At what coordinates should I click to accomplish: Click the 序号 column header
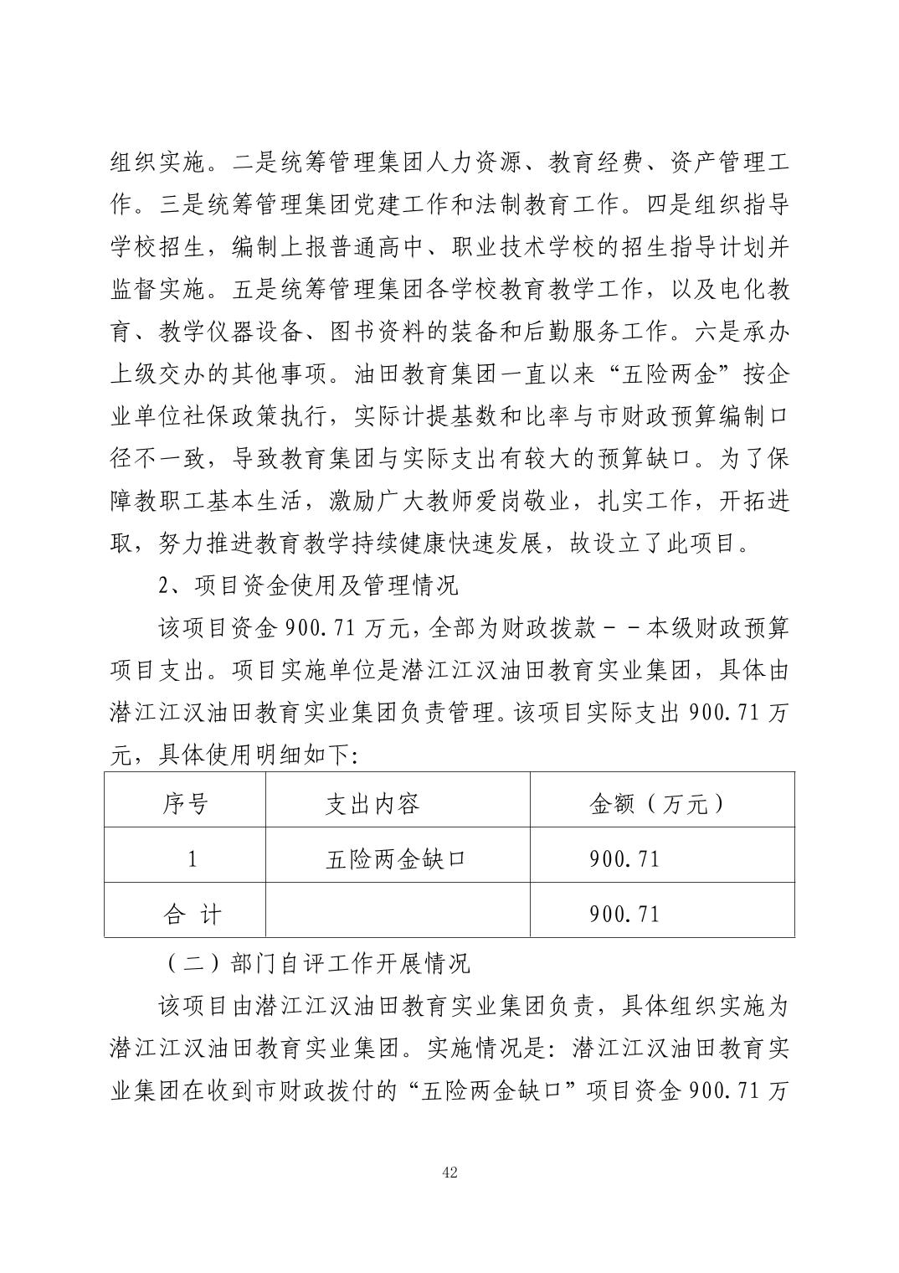185,805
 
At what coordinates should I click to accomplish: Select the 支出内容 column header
372,805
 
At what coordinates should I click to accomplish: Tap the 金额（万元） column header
656,805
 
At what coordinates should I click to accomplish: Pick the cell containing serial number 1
193,858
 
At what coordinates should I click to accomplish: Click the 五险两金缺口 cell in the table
395,858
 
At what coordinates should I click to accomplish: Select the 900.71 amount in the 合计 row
624,913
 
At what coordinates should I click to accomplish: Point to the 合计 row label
193,913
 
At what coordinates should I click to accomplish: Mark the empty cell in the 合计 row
398,913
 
